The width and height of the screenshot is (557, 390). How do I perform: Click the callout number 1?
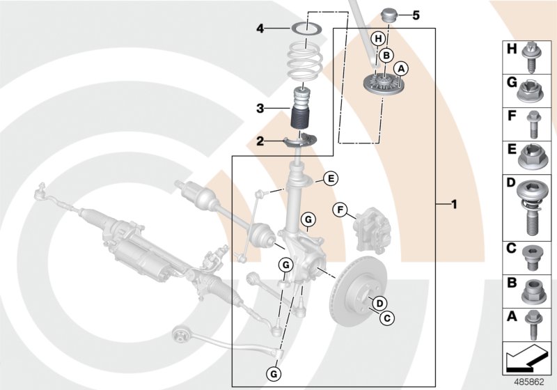(x=454, y=205)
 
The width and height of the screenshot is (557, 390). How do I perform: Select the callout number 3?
(x=260, y=109)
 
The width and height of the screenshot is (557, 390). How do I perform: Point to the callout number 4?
(x=260, y=29)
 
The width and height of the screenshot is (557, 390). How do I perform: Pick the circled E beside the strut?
(x=331, y=179)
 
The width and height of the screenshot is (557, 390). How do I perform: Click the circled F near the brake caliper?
(x=341, y=209)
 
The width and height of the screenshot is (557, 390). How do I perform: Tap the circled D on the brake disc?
(x=379, y=302)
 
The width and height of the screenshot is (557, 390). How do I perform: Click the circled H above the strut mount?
(x=378, y=38)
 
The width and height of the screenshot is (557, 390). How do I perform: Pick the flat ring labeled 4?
(x=301, y=29)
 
